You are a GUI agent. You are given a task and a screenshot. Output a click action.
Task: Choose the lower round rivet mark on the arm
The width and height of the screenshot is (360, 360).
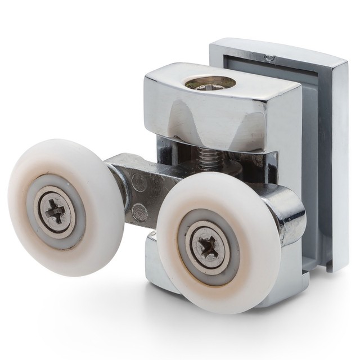[139, 213]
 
